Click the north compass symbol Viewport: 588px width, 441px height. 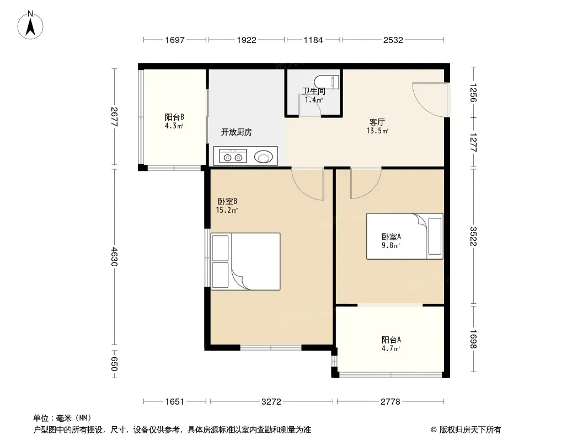point(30,25)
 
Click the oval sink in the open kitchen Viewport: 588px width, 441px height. point(264,157)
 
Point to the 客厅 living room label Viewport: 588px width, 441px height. point(377,122)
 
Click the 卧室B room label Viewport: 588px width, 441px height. point(227,202)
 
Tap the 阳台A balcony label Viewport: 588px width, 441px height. point(391,340)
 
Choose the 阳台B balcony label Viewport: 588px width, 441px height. point(174,117)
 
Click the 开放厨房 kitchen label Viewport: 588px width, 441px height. point(236,132)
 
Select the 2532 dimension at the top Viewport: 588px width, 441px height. point(393,40)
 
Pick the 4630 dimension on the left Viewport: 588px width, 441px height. point(114,256)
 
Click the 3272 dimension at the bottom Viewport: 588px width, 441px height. point(271,402)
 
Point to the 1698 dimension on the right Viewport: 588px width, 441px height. point(473,339)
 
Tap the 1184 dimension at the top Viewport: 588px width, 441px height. point(313,40)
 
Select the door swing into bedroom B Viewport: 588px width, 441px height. point(308,184)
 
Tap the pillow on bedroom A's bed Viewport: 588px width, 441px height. point(435,236)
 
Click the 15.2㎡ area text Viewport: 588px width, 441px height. point(227,210)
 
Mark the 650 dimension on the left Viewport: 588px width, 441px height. point(114,363)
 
